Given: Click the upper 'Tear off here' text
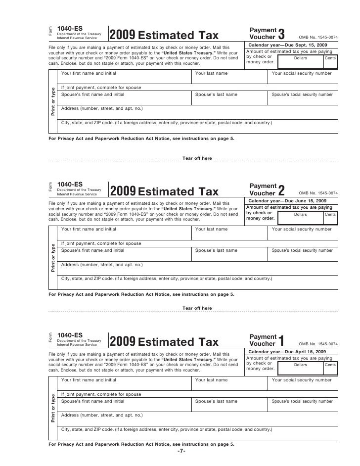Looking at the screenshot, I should coord(197,158).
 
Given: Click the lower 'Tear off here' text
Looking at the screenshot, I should coord(197,308).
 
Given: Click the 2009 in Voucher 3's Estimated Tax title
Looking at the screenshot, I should coord(122,36).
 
